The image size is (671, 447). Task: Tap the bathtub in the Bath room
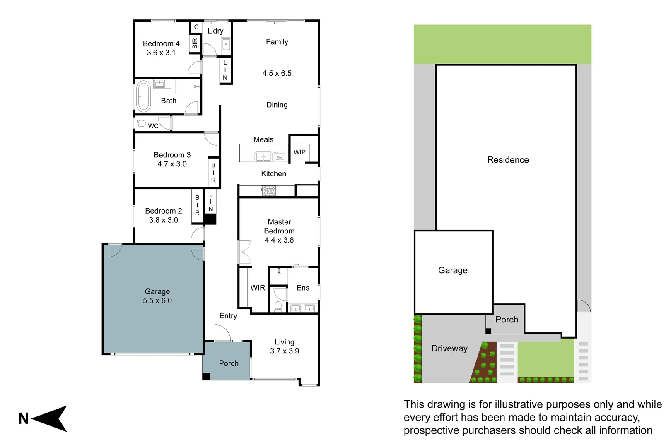(143, 96)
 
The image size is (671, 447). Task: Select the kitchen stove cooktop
(268, 191)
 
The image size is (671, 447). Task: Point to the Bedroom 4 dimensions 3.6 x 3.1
(161, 53)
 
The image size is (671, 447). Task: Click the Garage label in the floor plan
(157, 291)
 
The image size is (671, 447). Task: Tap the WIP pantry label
(299, 152)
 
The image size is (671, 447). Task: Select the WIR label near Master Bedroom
(258, 288)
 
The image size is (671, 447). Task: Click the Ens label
(303, 288)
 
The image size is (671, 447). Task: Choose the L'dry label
(215, 31)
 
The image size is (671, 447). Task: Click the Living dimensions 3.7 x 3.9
(285, 351)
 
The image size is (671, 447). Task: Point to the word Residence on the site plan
(508, 160)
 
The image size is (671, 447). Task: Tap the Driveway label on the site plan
(449, 348)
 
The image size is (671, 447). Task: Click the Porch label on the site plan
(507, 320)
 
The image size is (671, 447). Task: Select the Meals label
(263, 139)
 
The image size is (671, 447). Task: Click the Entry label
(228, 316)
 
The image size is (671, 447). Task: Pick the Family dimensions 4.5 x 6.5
(277, 73)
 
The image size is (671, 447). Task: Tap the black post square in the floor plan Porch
(206, 376)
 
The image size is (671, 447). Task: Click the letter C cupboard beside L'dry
(196, 27)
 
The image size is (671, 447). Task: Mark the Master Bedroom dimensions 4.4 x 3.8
(279, 240)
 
